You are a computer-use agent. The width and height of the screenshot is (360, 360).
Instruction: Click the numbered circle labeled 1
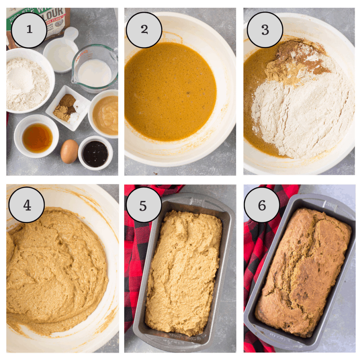click(29, 30)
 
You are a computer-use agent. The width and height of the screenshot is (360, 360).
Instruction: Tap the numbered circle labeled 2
click(144, 30)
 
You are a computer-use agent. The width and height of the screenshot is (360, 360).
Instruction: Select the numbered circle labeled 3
click(265, 30)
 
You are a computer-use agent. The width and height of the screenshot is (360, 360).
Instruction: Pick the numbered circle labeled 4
click(27, 205)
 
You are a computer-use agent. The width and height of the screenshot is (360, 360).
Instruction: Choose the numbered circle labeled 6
click(262, 205)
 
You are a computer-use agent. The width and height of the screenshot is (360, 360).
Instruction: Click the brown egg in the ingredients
click(69, 151)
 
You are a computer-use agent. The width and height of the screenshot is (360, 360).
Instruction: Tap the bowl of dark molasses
click(95, 154)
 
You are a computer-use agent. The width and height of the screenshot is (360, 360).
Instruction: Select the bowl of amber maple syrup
click(37, 137)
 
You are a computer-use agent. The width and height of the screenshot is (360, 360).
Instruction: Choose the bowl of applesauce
click(104, 114)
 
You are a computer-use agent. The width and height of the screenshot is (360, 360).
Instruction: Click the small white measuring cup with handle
click(62, 53)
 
